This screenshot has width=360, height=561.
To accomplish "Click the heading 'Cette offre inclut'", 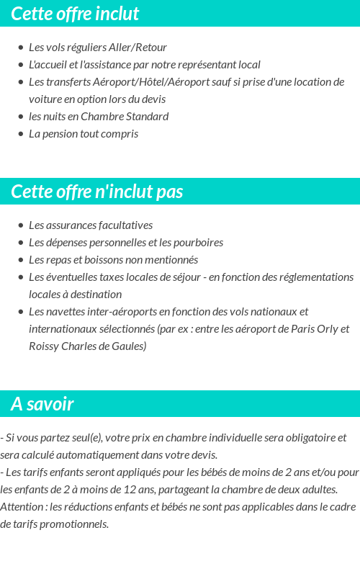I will (75, 14).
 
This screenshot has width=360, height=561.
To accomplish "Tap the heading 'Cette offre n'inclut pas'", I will (97, 192).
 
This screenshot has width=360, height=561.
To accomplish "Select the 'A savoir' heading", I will (42, 404).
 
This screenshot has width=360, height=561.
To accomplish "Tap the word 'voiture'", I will (45, 99).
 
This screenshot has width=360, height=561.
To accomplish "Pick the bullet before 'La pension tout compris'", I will (20, 134).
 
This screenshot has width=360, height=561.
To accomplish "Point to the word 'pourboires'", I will (197, 243).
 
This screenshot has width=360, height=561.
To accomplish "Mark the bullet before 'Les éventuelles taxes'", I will (20, 277).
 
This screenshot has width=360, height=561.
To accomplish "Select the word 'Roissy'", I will (45, 346).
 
